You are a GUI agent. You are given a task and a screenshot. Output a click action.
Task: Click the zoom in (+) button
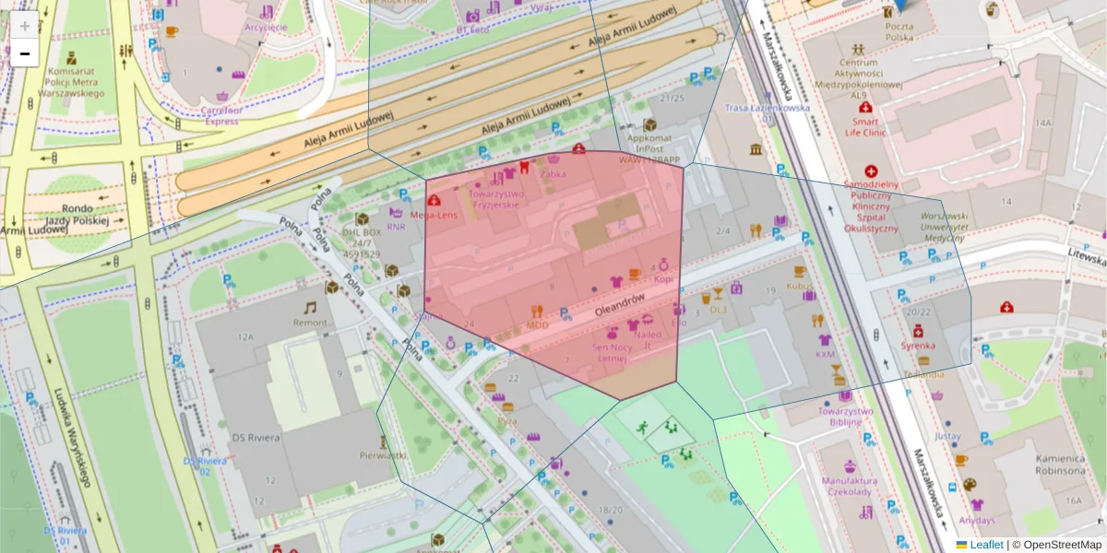(25, 26)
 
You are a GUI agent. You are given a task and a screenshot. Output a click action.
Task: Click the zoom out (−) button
(25, 53)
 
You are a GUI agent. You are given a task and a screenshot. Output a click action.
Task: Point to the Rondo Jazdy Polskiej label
(77, 215)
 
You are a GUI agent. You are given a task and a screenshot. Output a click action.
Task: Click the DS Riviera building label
(256, 437)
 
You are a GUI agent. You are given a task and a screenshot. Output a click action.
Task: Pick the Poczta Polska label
(899, 32)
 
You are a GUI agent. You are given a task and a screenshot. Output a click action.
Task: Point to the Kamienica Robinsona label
(1059, 465)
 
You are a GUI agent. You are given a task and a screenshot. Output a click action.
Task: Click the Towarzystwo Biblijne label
(845, 417)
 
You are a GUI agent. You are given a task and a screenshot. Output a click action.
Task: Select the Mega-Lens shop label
(434, 216)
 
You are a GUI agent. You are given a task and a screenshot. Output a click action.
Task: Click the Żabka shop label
(553, 173)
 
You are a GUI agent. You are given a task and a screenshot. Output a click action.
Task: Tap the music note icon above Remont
(310, 307)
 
